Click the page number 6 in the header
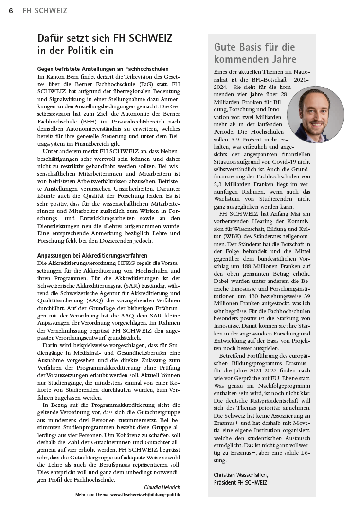[11, 11]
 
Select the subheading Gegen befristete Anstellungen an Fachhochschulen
[103, 69]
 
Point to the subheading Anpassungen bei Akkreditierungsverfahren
[92, 255]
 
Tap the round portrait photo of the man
[315, 114]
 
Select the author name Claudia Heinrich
[162, 487]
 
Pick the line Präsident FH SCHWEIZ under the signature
[240, 482]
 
